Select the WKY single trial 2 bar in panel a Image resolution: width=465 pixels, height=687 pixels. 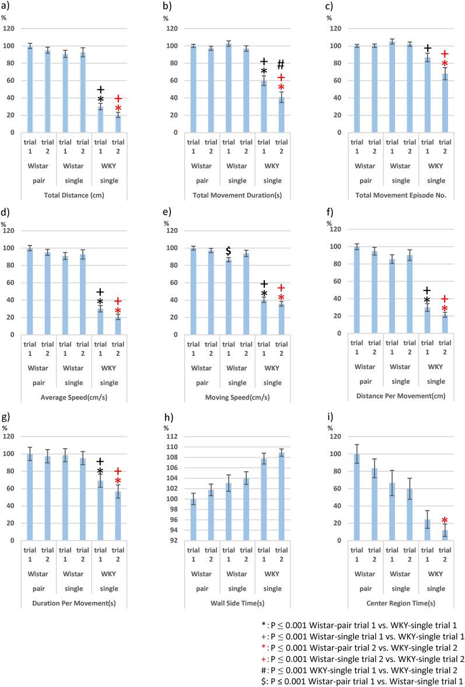118,124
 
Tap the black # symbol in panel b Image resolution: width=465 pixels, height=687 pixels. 281,65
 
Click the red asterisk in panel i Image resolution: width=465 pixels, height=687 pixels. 444,521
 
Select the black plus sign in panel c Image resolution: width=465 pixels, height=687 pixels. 428,48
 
